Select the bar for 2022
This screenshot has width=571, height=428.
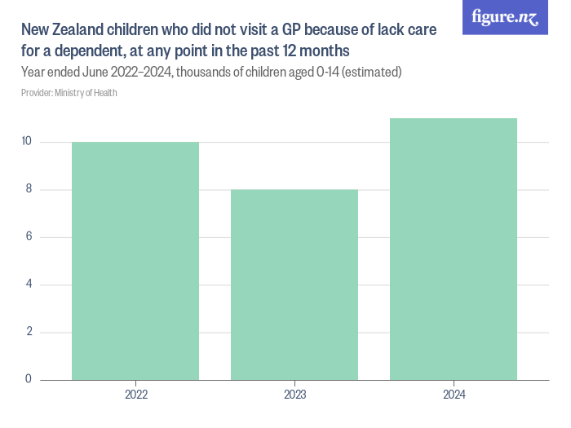point(135,261)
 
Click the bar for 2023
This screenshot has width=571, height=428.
point(294,285)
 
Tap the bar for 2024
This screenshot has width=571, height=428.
point(454,249)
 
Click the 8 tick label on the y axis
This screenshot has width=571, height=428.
point(28,190)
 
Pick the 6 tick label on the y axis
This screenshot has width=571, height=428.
point(28,237)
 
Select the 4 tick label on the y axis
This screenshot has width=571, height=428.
point(28,285)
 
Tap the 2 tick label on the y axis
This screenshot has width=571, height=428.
point(28,332)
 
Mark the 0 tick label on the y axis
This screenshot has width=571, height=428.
point(28,379)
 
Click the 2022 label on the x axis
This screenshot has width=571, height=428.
point(135,395)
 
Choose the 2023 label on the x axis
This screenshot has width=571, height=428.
point(294,395)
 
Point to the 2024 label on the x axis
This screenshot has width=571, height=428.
point(454,395)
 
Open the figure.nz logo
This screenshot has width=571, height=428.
point(505,17)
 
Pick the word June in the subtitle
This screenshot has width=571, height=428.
point(87,73)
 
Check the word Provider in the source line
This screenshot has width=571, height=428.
point(37,93)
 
